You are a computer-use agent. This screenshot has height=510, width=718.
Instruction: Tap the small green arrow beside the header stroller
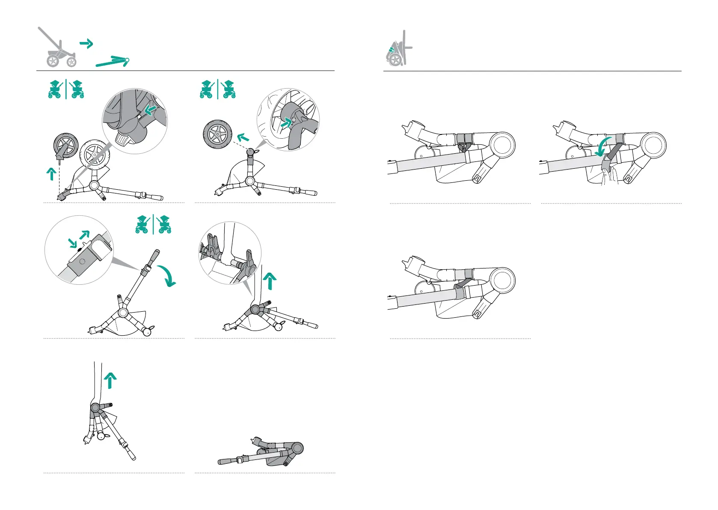[86, 44]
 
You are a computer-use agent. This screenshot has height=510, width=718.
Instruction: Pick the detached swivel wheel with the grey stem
[65, 146]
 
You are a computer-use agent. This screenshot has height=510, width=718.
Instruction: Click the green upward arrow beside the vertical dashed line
[51, 174]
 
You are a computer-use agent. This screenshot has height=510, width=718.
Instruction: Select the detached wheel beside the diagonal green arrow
[217, 134]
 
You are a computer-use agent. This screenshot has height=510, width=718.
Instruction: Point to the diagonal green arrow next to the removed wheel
[243, 137]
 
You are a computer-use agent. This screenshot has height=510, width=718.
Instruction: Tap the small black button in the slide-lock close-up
[79, 248]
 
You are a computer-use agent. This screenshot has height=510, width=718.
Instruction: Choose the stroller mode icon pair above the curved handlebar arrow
[153, 224]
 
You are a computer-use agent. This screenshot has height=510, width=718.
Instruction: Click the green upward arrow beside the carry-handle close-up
[270, 282]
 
